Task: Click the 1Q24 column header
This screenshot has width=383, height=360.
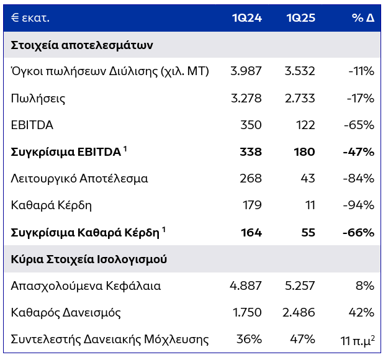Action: (247, 17)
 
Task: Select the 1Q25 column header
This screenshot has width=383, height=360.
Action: (300, 17)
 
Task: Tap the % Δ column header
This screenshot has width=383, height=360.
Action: (363, 17)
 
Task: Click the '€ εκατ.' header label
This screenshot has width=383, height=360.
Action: (30, 17)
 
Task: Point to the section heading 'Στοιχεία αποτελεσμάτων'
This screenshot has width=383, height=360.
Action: (82, 45)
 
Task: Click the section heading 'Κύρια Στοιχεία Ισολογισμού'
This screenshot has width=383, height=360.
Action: (89, 259)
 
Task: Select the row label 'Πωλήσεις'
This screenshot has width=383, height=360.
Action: (38, 98)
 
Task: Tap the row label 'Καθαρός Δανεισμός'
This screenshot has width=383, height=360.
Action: (66, 312)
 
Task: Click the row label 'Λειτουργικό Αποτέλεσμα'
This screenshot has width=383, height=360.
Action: (79, 179)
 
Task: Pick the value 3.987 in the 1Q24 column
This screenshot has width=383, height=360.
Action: (246, 71)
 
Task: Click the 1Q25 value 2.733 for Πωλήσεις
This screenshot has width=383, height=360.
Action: (299, 98)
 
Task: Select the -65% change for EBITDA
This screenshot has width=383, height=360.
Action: (361, 125)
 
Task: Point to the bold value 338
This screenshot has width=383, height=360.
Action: (251, 152)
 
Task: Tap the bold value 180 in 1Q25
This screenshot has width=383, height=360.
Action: (305, 152)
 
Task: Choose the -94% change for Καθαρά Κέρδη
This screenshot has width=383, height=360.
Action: (361, 205)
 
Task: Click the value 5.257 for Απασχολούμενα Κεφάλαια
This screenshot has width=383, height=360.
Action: (299, 286)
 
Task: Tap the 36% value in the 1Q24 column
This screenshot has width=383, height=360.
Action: (249, 340)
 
